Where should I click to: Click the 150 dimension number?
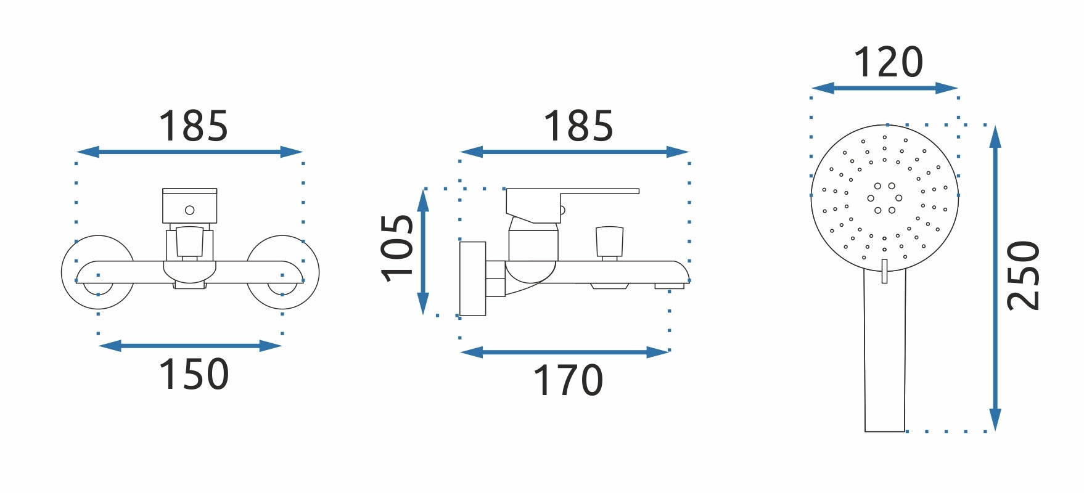point(194,375)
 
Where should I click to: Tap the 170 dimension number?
point(568,380)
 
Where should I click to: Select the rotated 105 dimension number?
point(397,248)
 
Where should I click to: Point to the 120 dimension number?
point(888,62)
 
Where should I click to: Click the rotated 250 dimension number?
point(1023,275)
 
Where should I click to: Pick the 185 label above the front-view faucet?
point(194,126)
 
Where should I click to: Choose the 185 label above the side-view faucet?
point(578,126)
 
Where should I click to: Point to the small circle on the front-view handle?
point(190,210)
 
